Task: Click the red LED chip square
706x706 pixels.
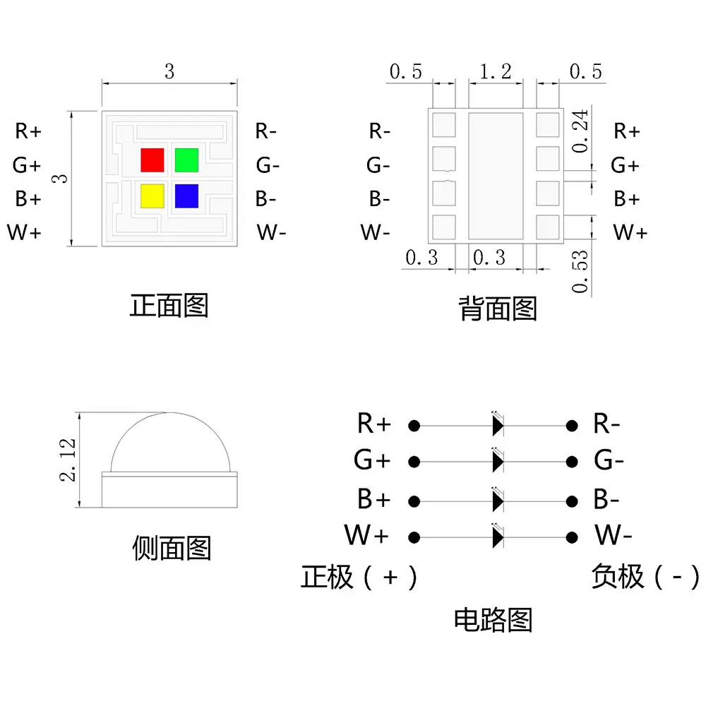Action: [x=152, y=160]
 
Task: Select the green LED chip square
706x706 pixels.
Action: [x=186, y=160]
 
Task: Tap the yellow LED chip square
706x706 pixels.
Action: [x=152, y=196]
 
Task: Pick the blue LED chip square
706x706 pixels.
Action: [x=186, y=196]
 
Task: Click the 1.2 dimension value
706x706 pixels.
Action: [x=496, y=71]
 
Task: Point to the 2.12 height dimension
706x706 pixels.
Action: [x=68, y=460]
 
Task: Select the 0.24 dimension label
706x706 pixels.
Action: [x=580, y=131]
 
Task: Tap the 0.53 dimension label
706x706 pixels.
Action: [x=580, y=272]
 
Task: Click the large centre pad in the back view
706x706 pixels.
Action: [x=496, y=176]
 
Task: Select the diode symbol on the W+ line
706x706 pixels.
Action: [x=498, y=537]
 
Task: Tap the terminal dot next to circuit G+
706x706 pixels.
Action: [x=414, y=462]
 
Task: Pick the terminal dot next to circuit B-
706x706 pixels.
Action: [x=572, y=501]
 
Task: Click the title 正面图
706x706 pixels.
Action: [x=169, y=305]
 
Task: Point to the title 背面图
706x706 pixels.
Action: [x=498, y=309]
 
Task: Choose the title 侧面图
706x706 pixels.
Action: [x=172, y=548]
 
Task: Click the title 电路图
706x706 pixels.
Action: [x=493, y=620]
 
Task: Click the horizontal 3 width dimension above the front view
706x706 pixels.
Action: [x=169, y=71]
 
